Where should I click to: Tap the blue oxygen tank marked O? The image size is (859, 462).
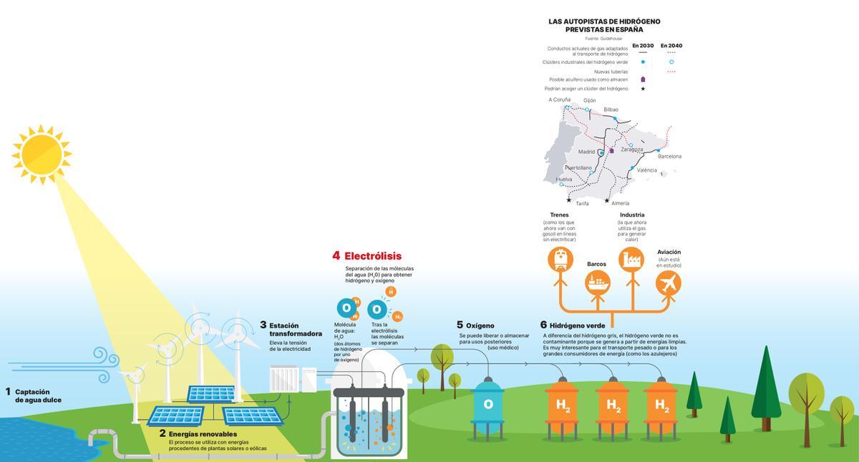click(488, 404)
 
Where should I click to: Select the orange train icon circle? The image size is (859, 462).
click(560, 259)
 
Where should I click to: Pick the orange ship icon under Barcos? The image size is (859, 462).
click(597, 283)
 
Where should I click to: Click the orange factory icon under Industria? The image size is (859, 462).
click(631, 259)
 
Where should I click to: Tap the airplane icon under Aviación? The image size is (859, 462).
click(669, 283)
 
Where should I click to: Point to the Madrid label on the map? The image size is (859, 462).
click(586, 152)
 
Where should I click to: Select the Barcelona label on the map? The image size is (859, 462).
click(669, 156)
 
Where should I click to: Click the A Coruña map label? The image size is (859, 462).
click(560, 100)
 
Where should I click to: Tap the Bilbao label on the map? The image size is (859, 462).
click(611, 109)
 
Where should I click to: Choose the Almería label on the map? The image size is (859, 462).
click(620, 203)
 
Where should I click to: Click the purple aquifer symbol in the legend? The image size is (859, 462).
click(643, 79)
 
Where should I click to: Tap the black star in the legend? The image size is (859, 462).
click(643, 89)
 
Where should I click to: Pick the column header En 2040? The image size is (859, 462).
click(671, 46)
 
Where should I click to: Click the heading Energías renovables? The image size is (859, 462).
click(203, 433)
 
